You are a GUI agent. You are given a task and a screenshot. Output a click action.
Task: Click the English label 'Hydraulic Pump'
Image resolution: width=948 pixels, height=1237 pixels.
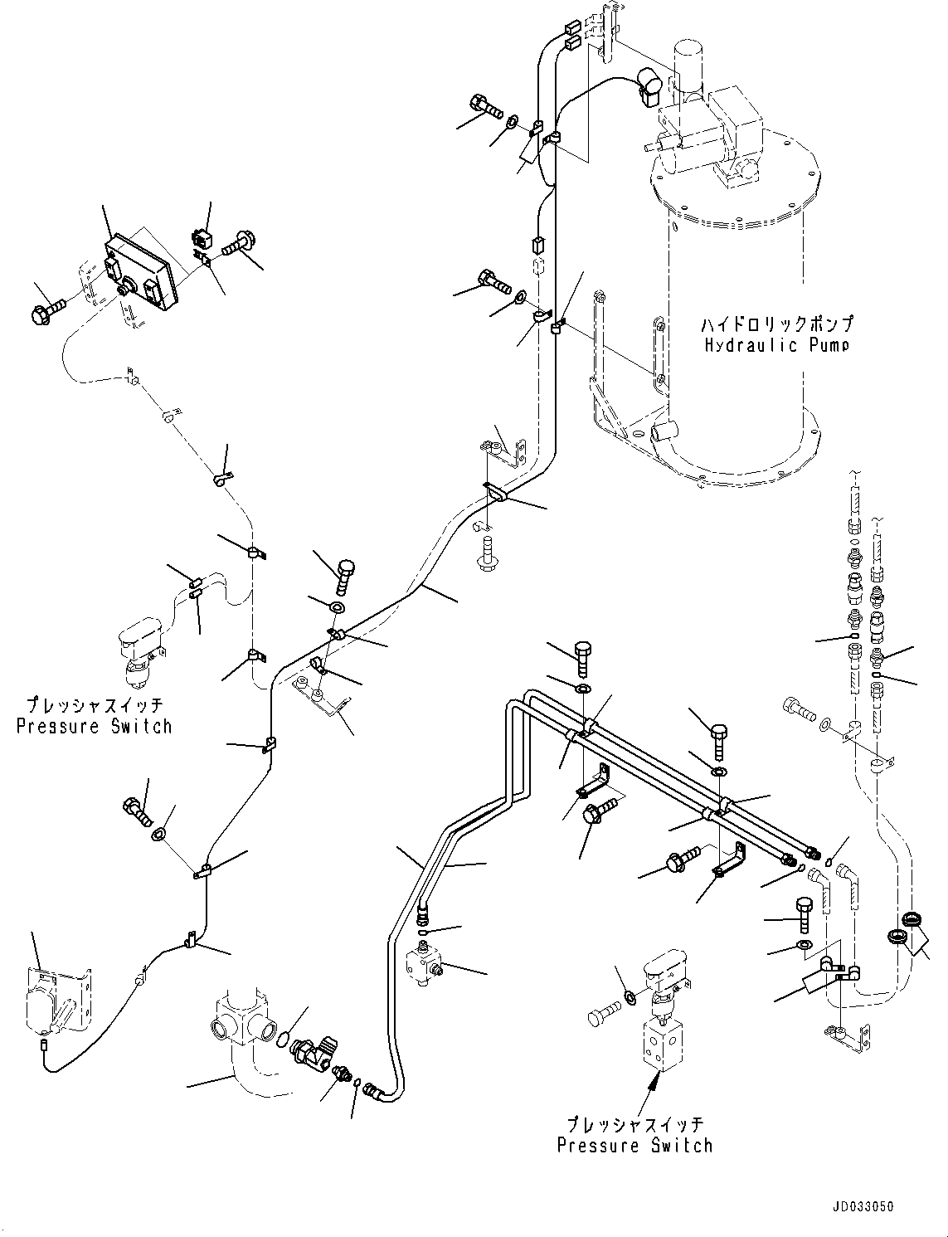click(776, 345)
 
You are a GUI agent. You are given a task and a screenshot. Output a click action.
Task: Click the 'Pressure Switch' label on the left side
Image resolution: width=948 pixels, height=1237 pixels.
click(95, 726)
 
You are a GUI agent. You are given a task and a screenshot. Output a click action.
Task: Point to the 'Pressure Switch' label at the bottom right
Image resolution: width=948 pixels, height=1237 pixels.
click(634, 1146)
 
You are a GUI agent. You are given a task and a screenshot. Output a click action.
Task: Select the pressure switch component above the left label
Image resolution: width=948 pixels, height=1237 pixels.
click(139, 649)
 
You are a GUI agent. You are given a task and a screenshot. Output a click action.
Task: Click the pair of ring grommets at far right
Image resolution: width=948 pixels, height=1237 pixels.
click(904, 928)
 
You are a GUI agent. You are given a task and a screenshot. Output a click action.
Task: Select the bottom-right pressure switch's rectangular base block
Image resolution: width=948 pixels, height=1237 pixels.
click(661, 1041)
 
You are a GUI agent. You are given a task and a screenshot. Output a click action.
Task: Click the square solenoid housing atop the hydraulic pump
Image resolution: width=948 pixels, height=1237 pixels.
click(734, 124)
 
